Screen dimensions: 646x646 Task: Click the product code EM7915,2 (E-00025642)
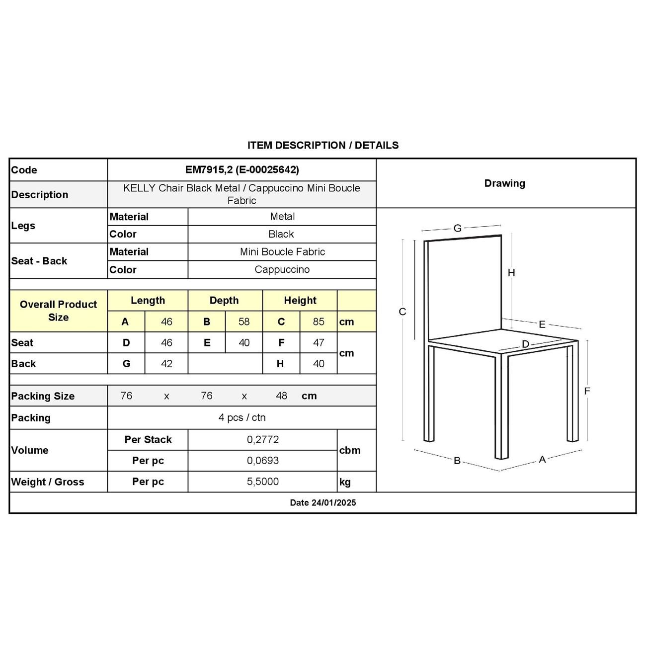click(242, 170)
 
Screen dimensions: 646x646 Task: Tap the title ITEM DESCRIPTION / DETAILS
click(323, 146)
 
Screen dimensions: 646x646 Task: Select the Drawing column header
click(504, 183)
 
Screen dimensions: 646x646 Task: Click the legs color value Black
click(281, 234)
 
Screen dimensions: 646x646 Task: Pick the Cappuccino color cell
click(282, 270)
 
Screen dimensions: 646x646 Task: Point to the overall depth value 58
click(243, 322)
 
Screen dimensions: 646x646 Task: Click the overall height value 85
click(319, 322)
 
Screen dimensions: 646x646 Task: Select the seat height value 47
click(319, 343)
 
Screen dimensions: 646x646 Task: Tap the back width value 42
click(166, 364)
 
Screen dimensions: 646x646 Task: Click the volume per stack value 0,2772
click(263, 440)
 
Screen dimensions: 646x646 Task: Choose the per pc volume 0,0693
click(263, 461)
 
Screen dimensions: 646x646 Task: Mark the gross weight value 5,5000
click(263, 482)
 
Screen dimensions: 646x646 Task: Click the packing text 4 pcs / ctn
click(242, 418)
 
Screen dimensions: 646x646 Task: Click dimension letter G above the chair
click(458, 228)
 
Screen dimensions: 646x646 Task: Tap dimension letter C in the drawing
click(403, 312)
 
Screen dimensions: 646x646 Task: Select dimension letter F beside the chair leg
click(587, 391)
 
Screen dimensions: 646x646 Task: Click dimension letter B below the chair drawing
click(457, 461)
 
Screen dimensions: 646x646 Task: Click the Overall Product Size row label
click(58, 311)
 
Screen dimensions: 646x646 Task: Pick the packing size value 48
click(281, 396)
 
